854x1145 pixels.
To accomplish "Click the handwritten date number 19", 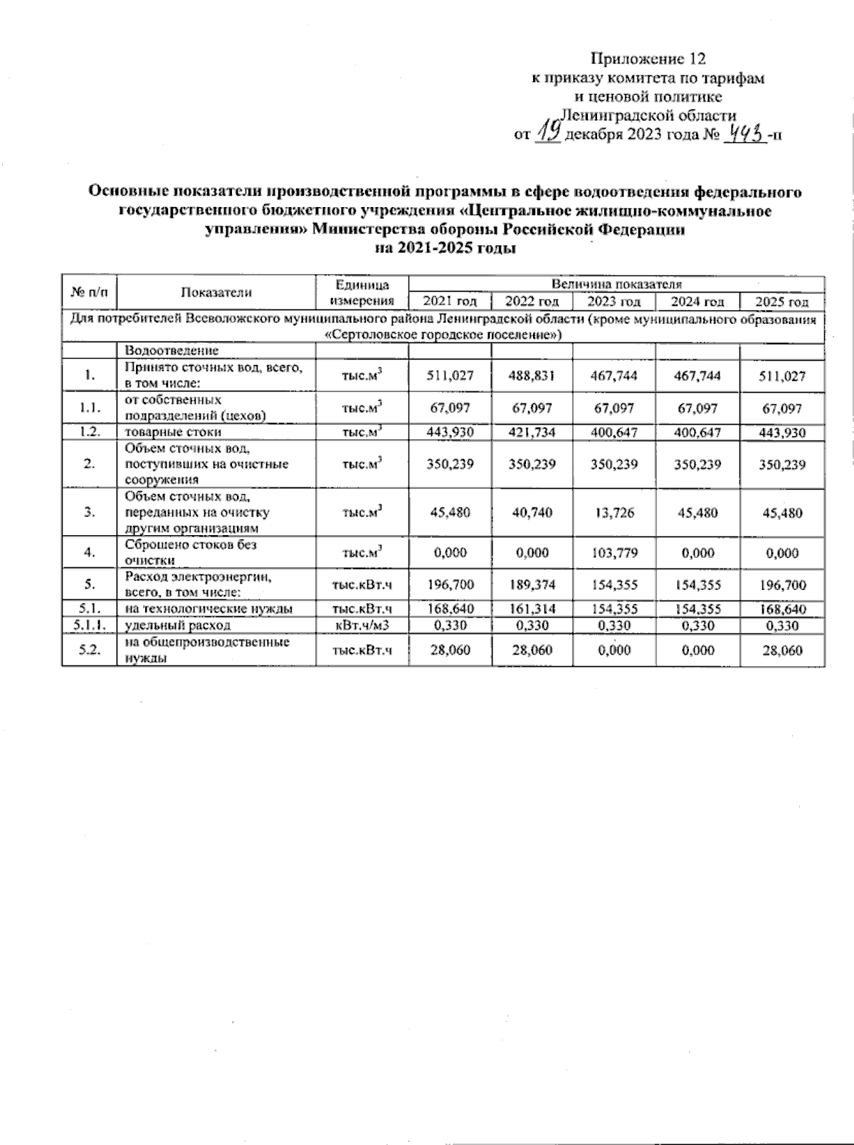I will coord(549,130).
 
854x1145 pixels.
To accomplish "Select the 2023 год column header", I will coord(613,302).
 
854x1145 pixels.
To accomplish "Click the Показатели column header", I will coord(216,292).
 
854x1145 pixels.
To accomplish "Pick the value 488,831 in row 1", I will coord(532,376).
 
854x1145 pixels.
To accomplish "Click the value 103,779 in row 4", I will coord(613,553).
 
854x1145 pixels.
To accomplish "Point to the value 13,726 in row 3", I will coord(613,512).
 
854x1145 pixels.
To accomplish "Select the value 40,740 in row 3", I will coord(532,512).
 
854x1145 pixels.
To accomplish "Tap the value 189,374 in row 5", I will coord(532,586).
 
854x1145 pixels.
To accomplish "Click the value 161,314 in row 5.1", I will coord(532,609).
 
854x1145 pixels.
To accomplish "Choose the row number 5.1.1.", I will coord(89,626).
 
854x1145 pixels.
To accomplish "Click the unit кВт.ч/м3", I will coord(362,626).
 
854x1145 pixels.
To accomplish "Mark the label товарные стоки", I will coord(173,432).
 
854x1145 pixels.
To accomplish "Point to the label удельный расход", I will coord(177,626).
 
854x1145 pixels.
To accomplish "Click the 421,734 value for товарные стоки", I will coord(532,432).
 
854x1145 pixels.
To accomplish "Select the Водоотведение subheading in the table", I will coord(172,350).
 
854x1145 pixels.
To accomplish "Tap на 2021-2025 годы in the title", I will coord(445,248).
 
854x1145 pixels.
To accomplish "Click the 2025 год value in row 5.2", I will coord(781,650).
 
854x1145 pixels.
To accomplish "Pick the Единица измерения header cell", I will coord(362,292).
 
